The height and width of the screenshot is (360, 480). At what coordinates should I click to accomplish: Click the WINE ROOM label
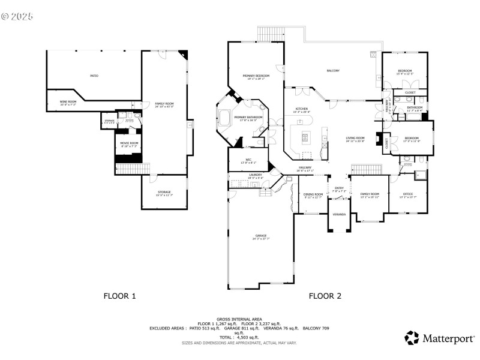click(68, 102)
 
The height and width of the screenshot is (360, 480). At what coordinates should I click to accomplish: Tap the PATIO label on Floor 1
click(94, 76)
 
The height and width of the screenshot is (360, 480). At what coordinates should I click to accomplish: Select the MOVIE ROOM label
click(130, 143)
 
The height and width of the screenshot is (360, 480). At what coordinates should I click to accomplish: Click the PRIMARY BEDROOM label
click(256, 76)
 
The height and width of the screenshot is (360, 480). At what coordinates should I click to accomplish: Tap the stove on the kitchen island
click(305, 137)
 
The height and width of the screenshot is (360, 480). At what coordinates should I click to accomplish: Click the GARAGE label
click(260, 236)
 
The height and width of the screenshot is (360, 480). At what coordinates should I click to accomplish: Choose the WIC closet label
click(248, 160)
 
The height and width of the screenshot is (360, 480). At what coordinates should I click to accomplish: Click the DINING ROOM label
click(313, 194)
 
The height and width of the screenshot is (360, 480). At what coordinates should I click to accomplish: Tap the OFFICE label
click(408, 194)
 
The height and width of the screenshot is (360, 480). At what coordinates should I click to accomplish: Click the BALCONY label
click(333, 71)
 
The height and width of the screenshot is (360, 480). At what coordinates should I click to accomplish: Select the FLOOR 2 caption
click(325, 295)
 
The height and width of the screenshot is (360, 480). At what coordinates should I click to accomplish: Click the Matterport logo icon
click(411, 338)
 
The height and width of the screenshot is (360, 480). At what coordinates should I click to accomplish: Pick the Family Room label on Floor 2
click(370, 194)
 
